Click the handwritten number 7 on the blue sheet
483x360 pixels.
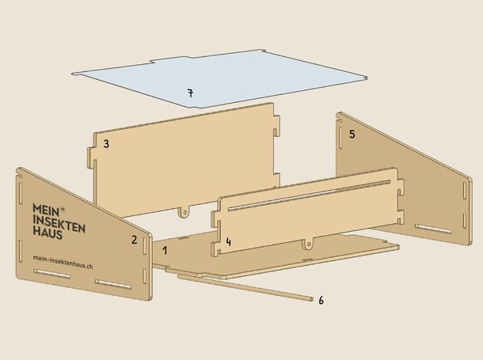click(x=191, y=93)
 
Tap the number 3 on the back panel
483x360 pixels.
click(x=106, y=144)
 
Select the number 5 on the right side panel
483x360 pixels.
click(x=352, y=134)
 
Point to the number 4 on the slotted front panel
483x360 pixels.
click(x=228, y=242)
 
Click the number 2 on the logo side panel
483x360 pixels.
click(x=134, y=240)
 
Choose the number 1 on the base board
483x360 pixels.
click(x=165, y=251)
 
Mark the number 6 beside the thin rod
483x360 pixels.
click(x=321, y=300)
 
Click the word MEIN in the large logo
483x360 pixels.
click(x=46, y=210)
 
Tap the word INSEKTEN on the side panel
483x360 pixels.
click(x=59, y=223)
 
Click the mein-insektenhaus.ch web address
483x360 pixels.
click(x=63, y=262)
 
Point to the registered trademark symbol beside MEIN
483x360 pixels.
click(x=63, y=209)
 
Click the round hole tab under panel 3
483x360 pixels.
click(x=184, y=212)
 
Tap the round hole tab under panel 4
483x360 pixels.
click(x=308, y=244)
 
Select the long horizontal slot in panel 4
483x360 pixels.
click(x=310, y=195)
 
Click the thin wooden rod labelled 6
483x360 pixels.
click(x=245, y=287)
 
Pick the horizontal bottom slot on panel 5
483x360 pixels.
click(x=433, y=229)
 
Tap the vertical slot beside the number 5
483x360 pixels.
click(x=340, y=137)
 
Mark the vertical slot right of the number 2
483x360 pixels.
click(x=144, y=246)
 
